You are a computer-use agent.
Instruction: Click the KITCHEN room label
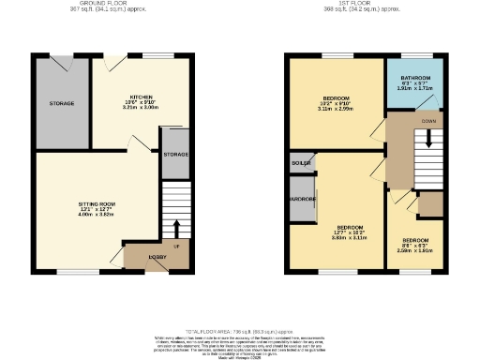click(x=142, y=96)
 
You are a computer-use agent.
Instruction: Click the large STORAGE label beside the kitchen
click(x=61, y=102)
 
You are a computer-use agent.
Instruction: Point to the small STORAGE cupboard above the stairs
click(x=174, y=154)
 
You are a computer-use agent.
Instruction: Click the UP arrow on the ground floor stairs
click(x=174, y=228)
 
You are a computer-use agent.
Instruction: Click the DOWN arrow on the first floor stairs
click(x=429, y=138)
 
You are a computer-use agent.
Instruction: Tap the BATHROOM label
click(x=416, y=78)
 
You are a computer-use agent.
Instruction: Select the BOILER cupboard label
click(x=303, y=163)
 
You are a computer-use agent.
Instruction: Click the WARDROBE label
click(x=302, y=200)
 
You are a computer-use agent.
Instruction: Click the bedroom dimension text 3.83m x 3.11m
click(x=350, y=238)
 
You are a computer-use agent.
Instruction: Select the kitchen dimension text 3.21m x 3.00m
click(x=142, y=108)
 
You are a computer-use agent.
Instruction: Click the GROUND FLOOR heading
click(x=103, y=4)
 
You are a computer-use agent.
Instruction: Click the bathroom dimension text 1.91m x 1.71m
click(x=416, y=89)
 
